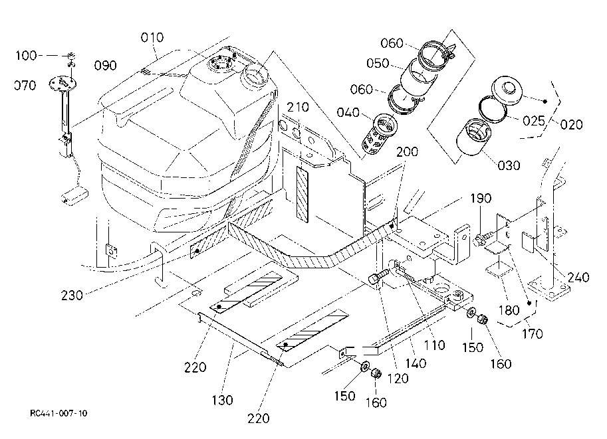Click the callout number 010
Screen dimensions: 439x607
[x=152, y=37]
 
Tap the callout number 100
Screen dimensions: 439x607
[x=27, y=55]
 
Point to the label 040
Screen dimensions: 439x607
[x=348, y=114]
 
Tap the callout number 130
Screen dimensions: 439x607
[x=223, y=400]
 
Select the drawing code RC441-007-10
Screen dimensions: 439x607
[x=59, y=413]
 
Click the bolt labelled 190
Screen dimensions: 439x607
[x=485, y=236]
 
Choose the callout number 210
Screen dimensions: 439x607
[x=298, y=108]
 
